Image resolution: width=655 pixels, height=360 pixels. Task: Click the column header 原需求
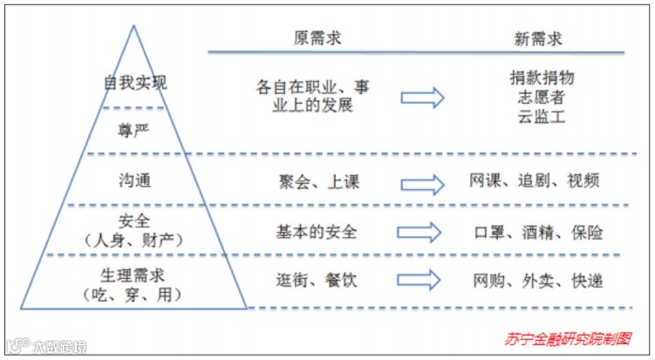(316, 40)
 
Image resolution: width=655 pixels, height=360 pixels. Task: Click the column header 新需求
(536, 40)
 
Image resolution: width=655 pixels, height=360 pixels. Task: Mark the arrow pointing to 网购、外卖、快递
(422, 281)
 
